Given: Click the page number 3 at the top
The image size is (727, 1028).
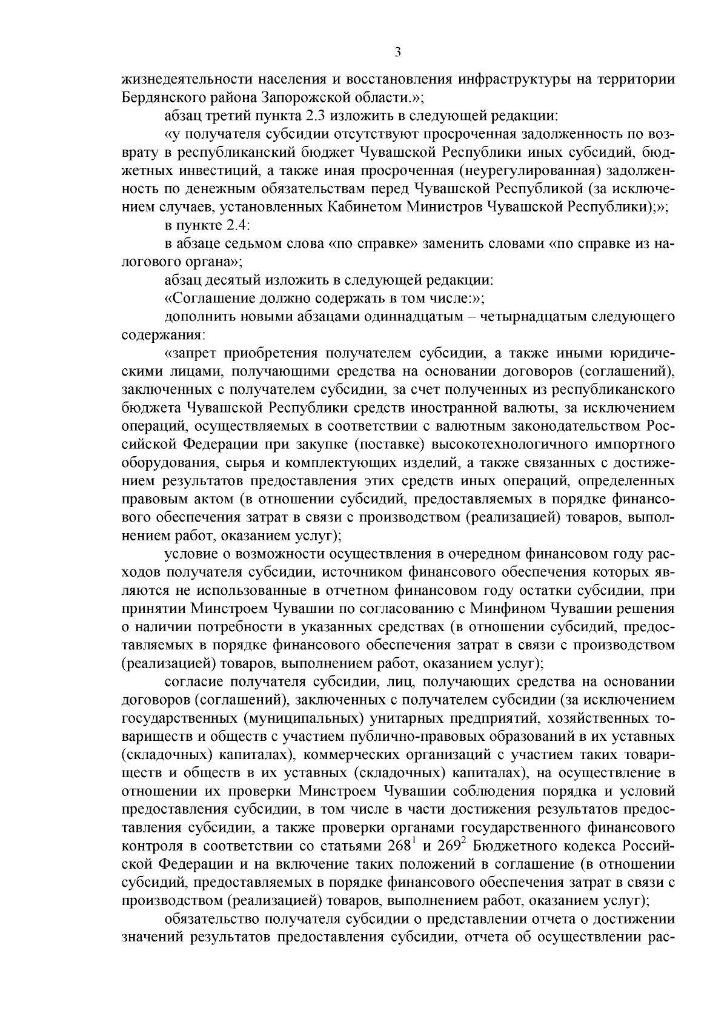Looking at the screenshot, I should coord(397,53).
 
